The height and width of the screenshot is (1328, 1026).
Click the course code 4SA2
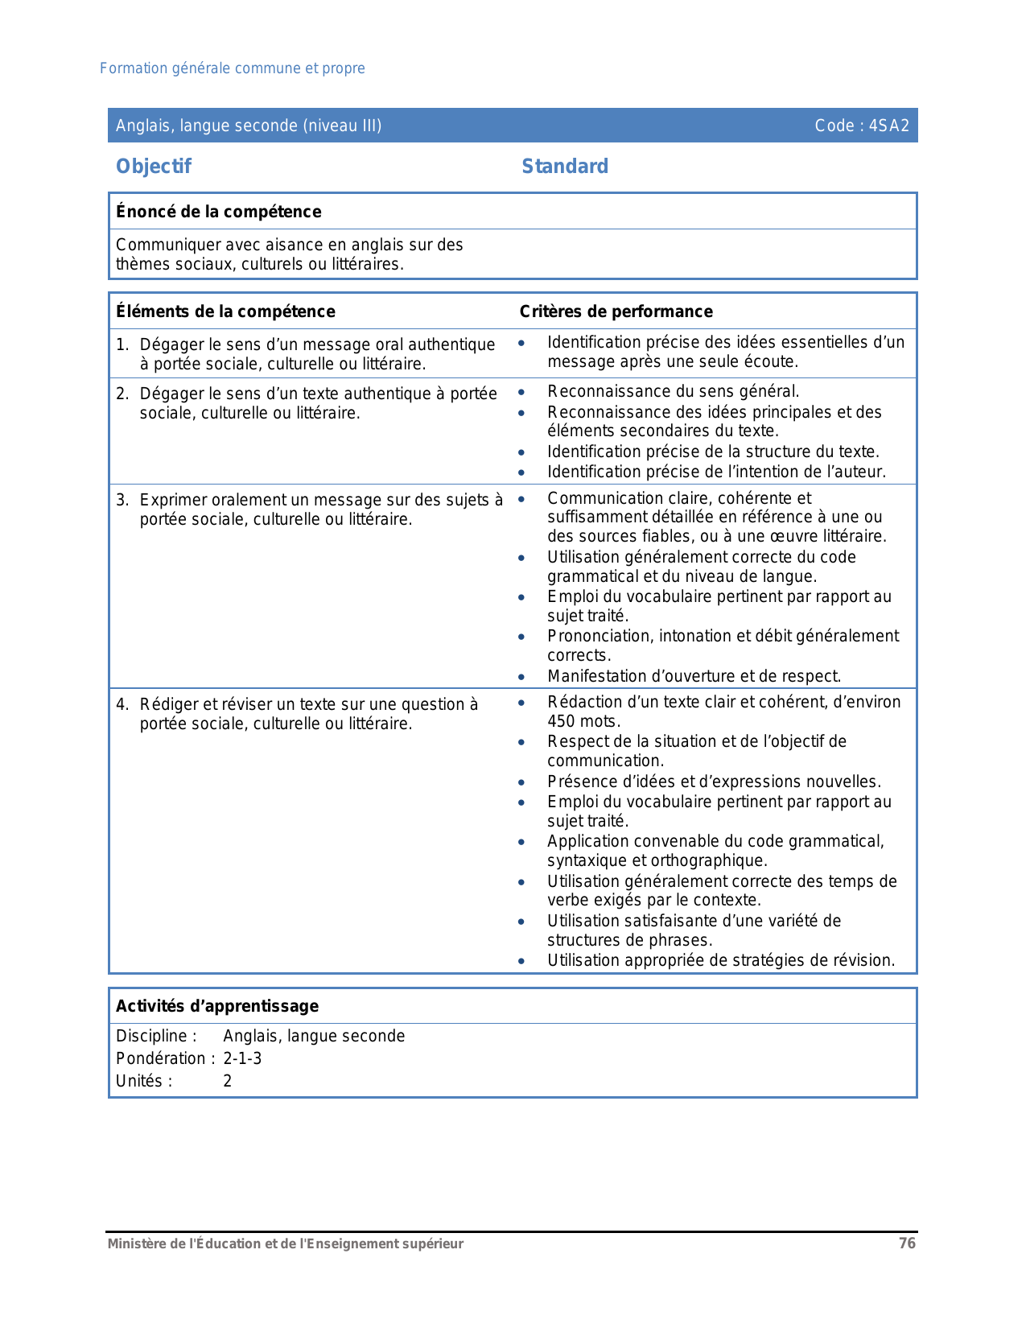tap(888, 126)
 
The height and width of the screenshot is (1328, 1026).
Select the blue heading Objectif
tap(154, 167)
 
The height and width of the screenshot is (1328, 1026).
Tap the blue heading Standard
tap(565, 167)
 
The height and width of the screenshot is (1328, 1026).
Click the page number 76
tap(907, 1243)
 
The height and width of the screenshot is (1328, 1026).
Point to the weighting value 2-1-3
tap(242, 1058)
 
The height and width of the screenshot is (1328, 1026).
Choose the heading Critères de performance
tap(616, 311)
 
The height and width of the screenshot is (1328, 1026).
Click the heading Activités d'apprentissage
tap(217, 1006)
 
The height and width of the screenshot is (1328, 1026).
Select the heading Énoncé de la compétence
tap(219, 212)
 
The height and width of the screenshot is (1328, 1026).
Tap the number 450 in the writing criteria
tap(562, 721)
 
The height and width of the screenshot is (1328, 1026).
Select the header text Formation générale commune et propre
tap(233, 68)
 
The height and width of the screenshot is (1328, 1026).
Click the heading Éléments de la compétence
tap(225, 311)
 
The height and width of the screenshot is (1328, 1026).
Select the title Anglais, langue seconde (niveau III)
tap(249, 126)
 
